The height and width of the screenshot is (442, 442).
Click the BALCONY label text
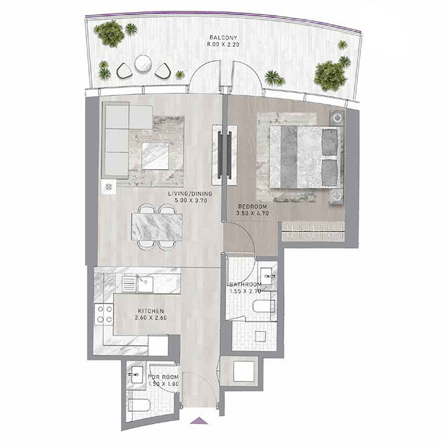223,37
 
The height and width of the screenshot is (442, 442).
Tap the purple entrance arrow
199,420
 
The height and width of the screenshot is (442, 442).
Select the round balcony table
144,64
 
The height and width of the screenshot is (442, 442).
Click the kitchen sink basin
145,284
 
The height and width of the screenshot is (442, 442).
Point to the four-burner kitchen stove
104,314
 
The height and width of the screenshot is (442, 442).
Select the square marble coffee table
155,156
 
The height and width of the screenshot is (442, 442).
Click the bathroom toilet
264,306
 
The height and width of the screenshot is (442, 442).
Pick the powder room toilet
140,405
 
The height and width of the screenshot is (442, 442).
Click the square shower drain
260,336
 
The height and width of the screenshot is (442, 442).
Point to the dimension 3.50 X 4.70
252,213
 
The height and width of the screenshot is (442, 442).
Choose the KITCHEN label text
151,311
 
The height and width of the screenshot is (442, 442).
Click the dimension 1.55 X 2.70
245,291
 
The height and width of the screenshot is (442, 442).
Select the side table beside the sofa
109,187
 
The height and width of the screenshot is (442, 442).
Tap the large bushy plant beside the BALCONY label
110,33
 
